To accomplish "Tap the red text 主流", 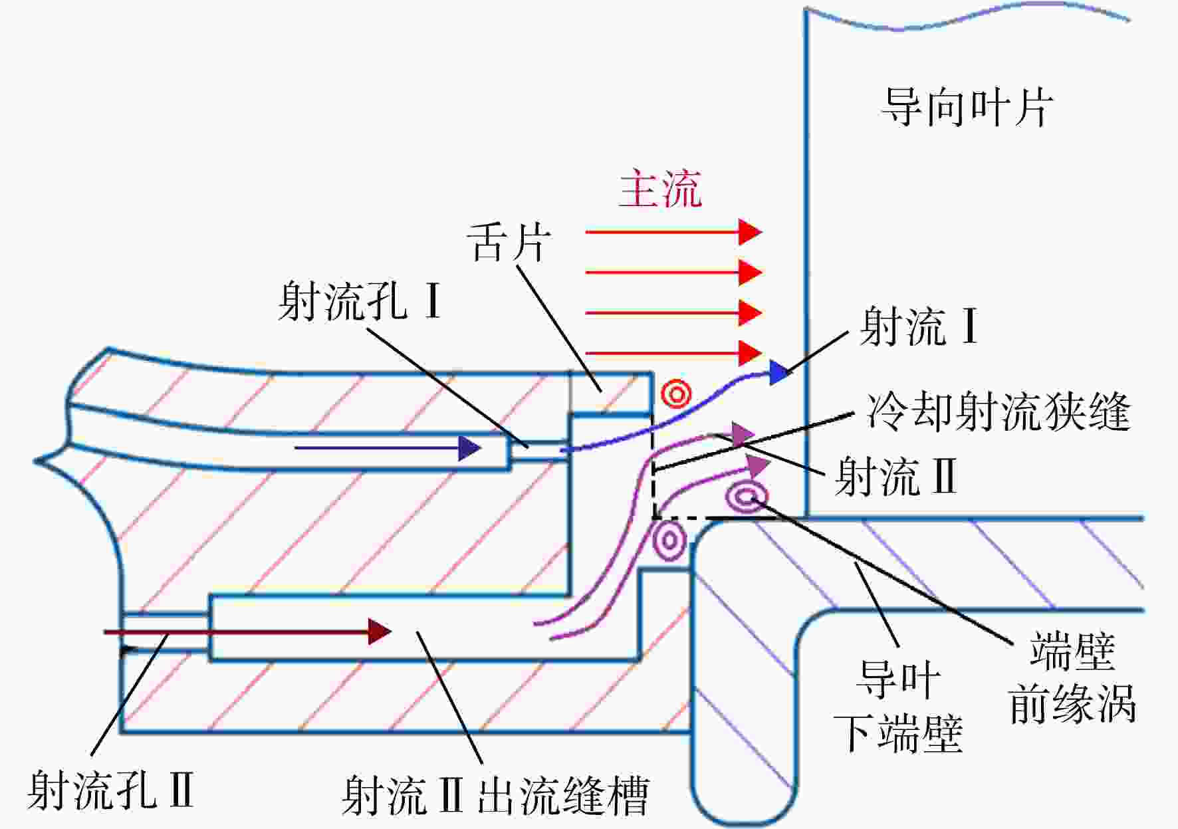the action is pyautogui.click(x=660, y=189).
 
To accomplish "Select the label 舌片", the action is pyautogui.click(x=509, y=243).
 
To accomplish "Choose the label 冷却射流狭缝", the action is pyautogui.click(x=997, y=412).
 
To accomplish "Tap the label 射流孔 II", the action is pyautogui.click(x=110, y=790).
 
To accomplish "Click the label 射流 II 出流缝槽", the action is pyautogui.click(x=495, y=795).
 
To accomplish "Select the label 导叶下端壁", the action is pyautogui.click(x=898, y=706).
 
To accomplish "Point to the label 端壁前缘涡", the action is pyautogui.click(x=1072, y=678).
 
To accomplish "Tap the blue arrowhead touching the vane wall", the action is pyautogui.click(x=779, y=372).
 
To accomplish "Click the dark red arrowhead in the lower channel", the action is pyautogui.click(x=380, y=632).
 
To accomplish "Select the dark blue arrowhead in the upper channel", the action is pyautogui.click(x=470, y=448).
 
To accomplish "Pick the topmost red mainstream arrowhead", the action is pyautogui.click(x=751, y=232).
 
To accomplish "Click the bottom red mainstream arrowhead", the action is pyautogui.click(x=751, y=353).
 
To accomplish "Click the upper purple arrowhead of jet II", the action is pyautogui.click(x=743, y=434).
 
